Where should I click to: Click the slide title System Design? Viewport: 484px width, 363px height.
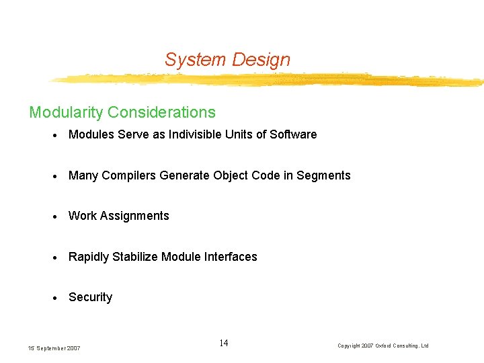227,60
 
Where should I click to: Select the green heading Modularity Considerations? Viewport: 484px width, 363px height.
122,112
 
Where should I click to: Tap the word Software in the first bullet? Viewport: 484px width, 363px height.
293,134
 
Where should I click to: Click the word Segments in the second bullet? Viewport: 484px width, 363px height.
323,175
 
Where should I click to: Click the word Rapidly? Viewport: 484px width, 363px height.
89,257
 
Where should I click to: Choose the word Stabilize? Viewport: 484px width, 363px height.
137,257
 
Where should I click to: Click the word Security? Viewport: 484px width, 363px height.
90,297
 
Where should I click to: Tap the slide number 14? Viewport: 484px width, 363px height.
224,344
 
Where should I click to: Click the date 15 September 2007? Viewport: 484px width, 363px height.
54,348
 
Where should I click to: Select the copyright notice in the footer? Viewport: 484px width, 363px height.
382,346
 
